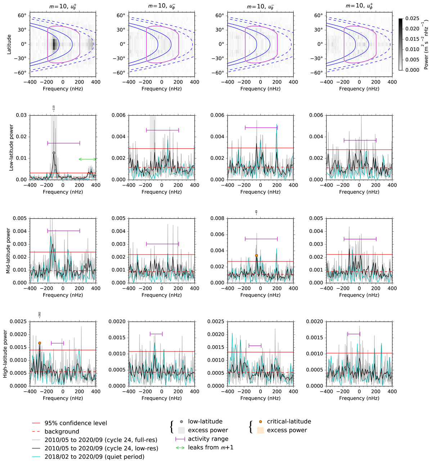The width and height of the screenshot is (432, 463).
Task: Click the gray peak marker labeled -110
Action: (54, 153)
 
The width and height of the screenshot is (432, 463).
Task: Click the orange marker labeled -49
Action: (256, 256)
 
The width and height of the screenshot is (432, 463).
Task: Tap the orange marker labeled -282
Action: (40, 343)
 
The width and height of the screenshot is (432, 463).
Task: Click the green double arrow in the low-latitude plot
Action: (87, 159)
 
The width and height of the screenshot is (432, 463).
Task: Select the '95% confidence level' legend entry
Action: (76, 423)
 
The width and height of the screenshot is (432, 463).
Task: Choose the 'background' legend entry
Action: (62, 431)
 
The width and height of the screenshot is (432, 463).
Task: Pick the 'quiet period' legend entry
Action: (94, 457)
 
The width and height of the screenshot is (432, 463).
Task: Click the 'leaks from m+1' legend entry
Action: (211, 447)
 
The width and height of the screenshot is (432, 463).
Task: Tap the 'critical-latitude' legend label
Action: (289, 422)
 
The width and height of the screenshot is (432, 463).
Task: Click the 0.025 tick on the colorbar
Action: (412, 18)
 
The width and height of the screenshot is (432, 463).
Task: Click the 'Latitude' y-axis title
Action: (9, 44)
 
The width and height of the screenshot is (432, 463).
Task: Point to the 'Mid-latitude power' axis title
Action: (8, 250)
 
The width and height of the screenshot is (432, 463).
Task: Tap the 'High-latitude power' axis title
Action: (5, 354)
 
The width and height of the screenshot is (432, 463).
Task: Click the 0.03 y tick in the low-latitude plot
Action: (21, 115)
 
